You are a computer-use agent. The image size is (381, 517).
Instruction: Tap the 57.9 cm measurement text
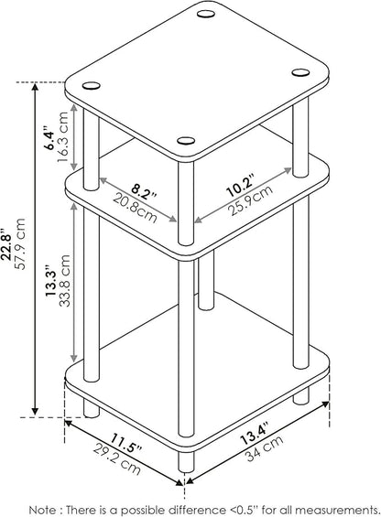coord(20,243)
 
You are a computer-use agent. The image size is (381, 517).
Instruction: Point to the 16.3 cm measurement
coord(62,136)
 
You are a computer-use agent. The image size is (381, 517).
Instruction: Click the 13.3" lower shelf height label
coord(51,280)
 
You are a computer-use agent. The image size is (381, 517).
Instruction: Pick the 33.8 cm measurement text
coord(65,281)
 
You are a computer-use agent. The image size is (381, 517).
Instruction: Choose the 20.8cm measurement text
coord(135,208)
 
